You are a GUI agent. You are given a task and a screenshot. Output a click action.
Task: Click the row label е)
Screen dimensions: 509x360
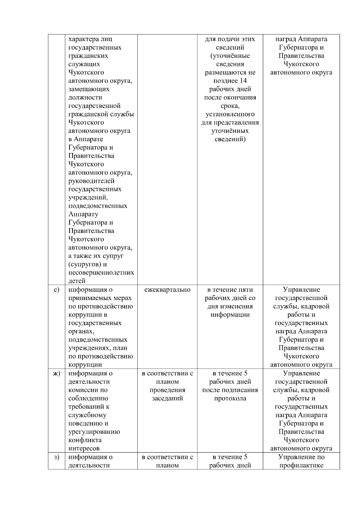pos(56,290)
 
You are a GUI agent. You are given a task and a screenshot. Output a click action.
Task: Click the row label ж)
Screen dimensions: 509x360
pos(56,373)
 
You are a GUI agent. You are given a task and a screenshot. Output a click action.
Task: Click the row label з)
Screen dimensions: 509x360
pos(56,457)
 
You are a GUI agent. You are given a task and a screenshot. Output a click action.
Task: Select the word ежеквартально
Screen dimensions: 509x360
pos(167,290)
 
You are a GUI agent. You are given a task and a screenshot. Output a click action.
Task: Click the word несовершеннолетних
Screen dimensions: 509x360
pos(101,272)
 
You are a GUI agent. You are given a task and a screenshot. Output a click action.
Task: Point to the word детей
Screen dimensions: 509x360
pos(77,281)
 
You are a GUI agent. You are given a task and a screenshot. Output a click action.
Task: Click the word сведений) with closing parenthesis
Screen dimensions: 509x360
pos(230,139)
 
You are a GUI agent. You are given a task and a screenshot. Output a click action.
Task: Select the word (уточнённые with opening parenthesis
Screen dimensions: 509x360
pos(230,56)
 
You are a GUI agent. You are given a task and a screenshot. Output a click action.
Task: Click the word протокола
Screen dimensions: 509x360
pos(230,398)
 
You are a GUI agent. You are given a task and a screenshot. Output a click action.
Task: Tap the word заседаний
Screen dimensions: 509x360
pos(167,398)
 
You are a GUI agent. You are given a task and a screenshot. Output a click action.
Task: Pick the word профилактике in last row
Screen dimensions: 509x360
pos(301,465)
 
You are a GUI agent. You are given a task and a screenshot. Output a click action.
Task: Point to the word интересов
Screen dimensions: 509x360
pos(84,448)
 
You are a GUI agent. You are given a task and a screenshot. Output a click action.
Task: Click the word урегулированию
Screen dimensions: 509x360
pos(94,432)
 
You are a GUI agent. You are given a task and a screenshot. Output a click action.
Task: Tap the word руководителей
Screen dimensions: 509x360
pos(91,181)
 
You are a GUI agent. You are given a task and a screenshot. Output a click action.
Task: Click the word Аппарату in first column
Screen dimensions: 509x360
pos(83,214)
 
